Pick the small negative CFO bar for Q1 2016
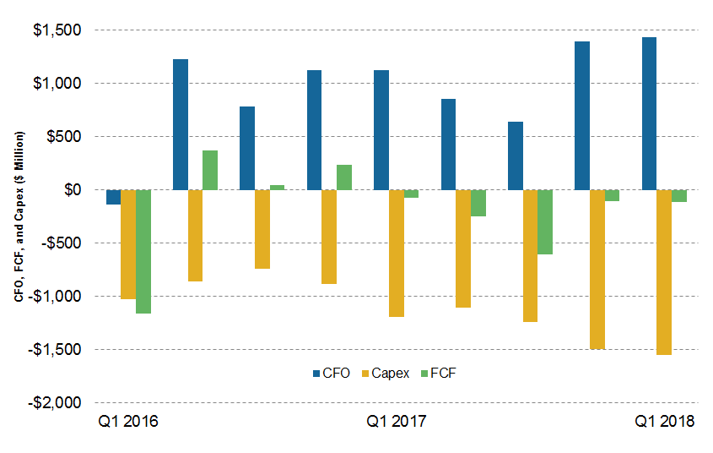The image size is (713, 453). point(113,197)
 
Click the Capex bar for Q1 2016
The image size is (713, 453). point(128,244)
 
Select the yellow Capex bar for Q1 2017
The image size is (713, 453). point(396,254)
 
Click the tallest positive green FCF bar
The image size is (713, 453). point(209,170)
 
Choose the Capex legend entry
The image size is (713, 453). point(385,373)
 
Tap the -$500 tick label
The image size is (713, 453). point(62,243)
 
